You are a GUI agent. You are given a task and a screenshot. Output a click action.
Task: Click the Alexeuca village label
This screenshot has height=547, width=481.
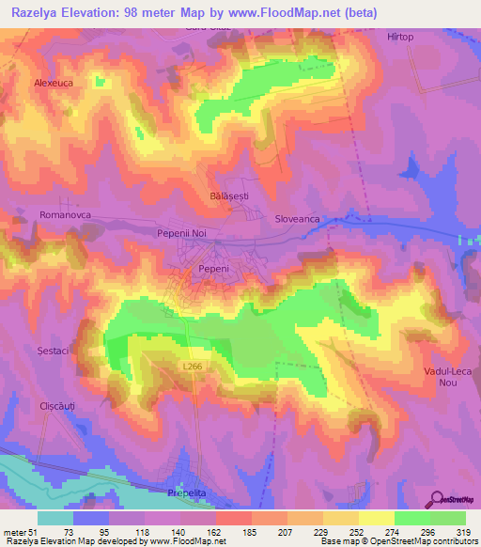coord(54,83)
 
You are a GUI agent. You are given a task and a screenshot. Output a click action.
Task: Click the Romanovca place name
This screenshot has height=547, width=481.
coord(64,215)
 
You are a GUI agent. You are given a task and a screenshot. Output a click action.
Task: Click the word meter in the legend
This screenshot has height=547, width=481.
coord(14,532)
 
